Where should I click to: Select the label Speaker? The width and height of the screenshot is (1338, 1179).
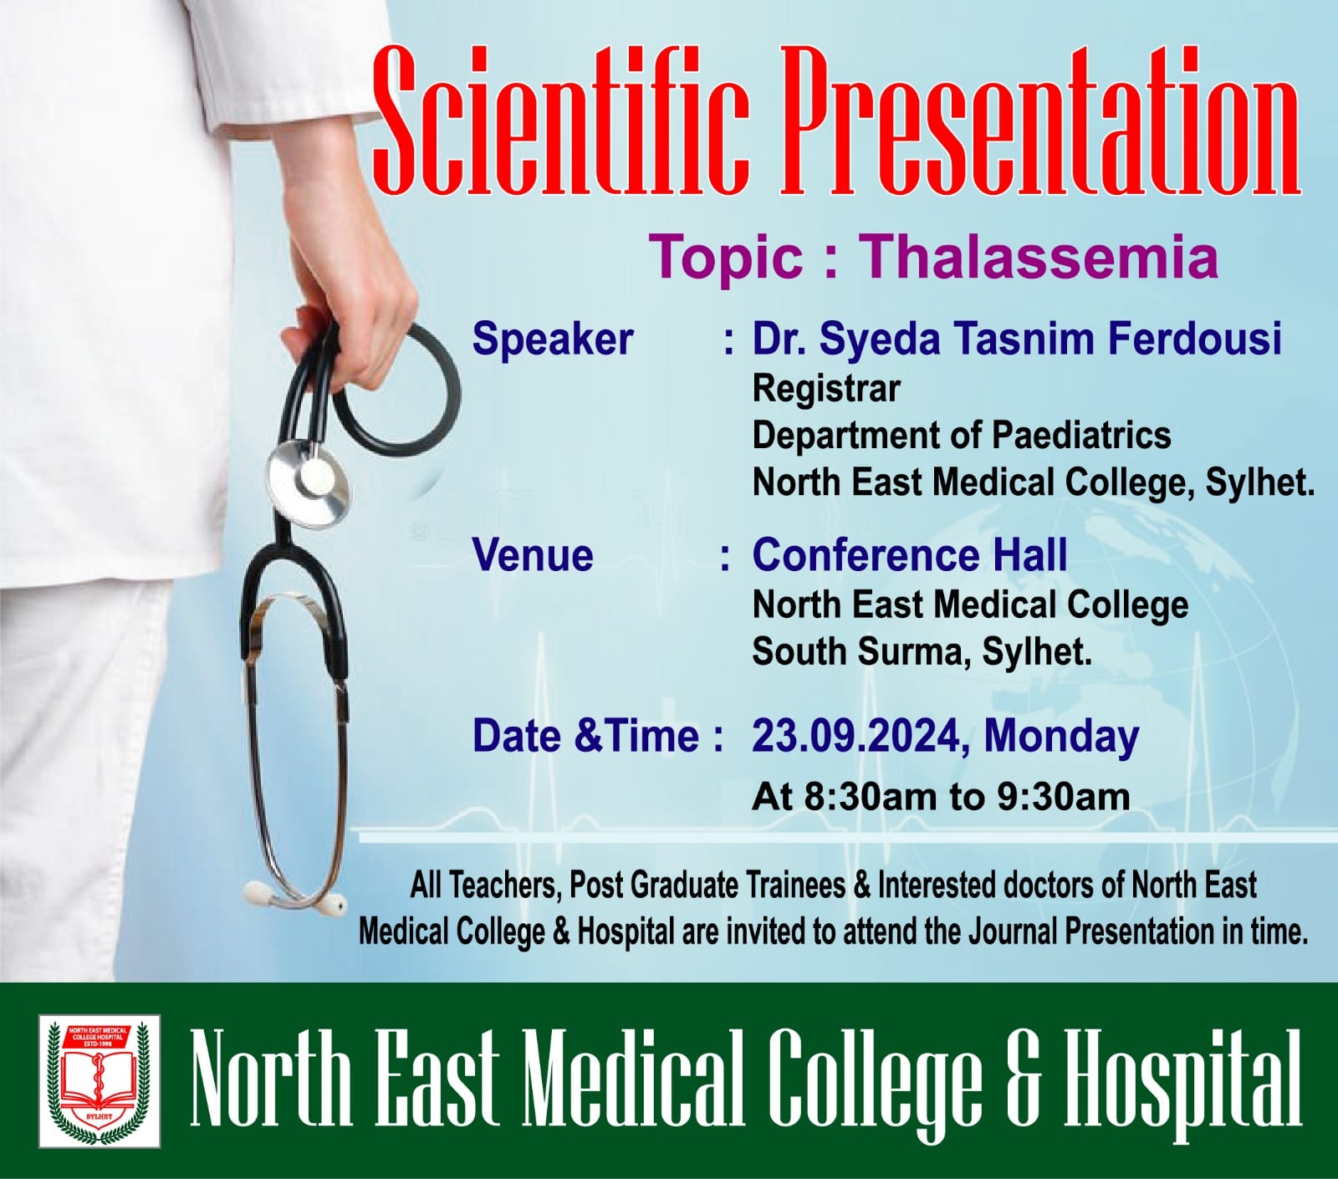click(x=553, y=339)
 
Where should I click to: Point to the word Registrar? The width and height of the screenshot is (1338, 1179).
click(x=826, y=389)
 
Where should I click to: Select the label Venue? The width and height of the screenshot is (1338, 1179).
click(x=533, y=556)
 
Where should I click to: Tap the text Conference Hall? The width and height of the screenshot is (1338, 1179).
click(x=910, y=555)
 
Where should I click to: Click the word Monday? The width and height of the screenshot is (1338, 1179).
click(x=1061, y=736)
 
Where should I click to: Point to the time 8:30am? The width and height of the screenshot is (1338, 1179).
click(x=870, y=796)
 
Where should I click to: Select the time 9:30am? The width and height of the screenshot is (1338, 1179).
click(x=1063, y=796)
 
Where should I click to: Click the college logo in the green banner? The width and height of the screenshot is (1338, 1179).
click(x=100, y=1081)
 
